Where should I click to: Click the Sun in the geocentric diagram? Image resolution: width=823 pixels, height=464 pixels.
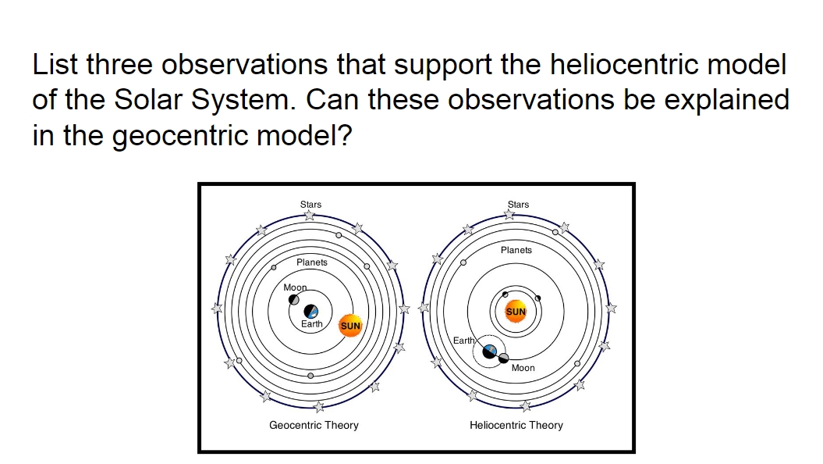pyautogui.click(x=351, y=326)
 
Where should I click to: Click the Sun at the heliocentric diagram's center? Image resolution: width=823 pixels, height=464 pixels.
pyautogui.click(x=516, y=312)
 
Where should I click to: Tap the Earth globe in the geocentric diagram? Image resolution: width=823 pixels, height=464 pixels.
pyautogui.click(x=311, y=311)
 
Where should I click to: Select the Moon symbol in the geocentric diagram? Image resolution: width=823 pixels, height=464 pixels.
pyautogui.click(x=294, y=300)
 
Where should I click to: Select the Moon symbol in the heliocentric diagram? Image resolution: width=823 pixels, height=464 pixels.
pyautogui.click(x=504, y=359)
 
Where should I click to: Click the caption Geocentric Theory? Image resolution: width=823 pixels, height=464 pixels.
pyautogui.click(x=314, y=426)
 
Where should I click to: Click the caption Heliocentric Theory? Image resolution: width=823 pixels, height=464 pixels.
pyautogui.click(x=516, y=426)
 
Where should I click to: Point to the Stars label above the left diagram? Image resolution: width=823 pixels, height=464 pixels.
pyautogui.click(x=310, y=205)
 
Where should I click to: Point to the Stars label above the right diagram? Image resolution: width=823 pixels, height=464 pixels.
pyautogui.click(x=518, y=205)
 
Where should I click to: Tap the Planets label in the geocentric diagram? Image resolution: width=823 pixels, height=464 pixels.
pyautogui.click(x=312, y=262)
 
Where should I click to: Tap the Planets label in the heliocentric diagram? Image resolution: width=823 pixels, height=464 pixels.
pyautogui.click(x=516, y=250)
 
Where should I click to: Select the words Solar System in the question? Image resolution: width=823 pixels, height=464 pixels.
pyautogui.click(x=208, y=100)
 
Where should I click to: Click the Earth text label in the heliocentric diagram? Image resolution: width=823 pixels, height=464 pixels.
pyautogui.click(x=463, y=341)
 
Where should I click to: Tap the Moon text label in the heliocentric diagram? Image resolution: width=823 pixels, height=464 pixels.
pyautogui.click(x=523, y=368)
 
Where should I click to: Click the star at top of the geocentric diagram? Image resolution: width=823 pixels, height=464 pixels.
pyautogui.click(x=310, y=215)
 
